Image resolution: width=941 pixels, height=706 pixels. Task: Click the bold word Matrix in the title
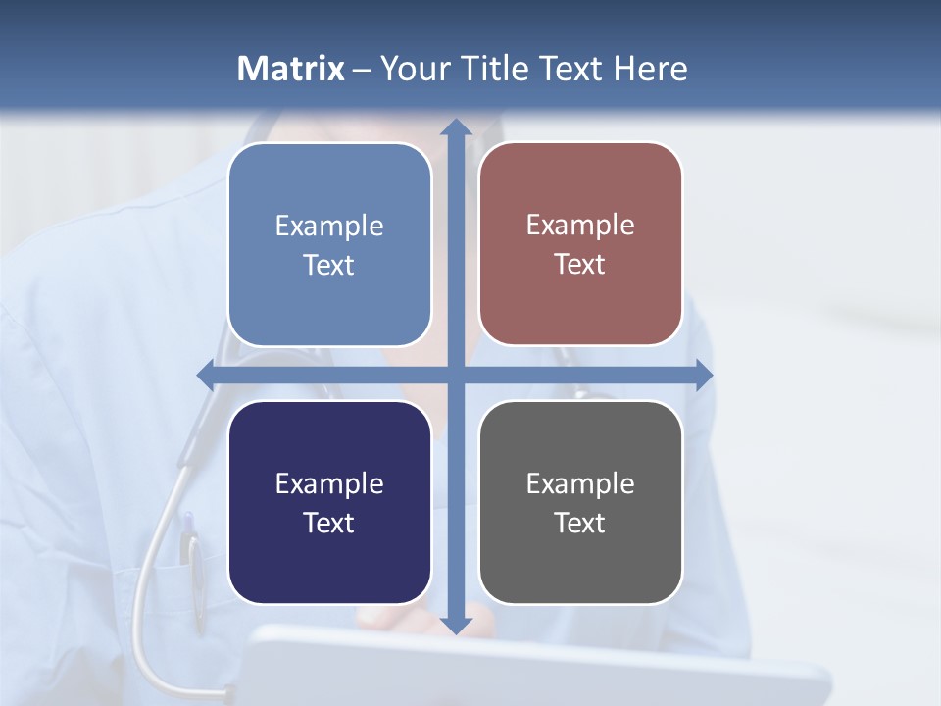[x=291, y=69]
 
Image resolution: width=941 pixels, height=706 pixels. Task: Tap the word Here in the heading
[x=650, y=69]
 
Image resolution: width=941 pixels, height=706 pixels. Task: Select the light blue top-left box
[x=329, y=244]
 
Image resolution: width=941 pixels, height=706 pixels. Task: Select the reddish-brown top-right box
[x=580, y=244]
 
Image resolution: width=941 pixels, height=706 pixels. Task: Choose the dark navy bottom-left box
[x=329, y=502]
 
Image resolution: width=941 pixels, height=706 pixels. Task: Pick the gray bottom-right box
[x=580, y=502]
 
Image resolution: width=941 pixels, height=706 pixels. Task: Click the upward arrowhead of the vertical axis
[x=456, y=127]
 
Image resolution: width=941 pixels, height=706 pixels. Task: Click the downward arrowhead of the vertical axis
[x=456, y=624]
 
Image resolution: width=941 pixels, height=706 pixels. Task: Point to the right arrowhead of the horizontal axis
[x=704, y=375]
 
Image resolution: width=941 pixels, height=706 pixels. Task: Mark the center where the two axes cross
[x=456, y=375]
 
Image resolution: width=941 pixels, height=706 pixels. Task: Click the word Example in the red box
[x=580, y=226]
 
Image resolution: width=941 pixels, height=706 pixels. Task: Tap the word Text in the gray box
[x=580, y=524]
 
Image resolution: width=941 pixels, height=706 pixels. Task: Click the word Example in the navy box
[x=329, y=483]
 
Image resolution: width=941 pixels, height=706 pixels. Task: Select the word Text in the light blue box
[x=329, y=266]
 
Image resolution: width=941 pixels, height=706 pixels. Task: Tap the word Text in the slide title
[x=570, y=69]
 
